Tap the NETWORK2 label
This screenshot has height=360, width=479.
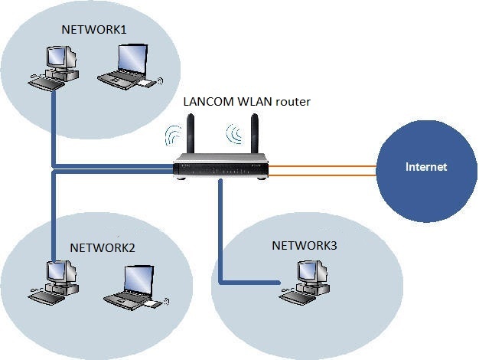102,247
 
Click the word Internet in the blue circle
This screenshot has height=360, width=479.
425,166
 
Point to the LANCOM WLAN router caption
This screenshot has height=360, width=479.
246,101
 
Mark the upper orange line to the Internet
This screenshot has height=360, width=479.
321,163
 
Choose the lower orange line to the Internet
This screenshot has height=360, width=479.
321,175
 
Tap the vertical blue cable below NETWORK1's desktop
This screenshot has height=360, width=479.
54,123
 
